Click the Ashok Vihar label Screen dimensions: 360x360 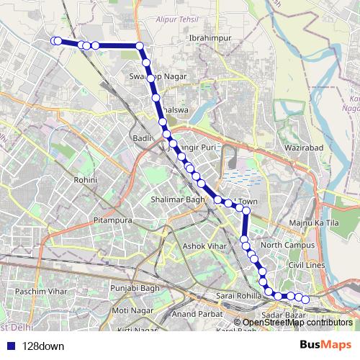tap(204, 246)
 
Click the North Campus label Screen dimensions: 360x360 tap(284, 246)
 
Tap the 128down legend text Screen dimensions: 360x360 tap(43, 346)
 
